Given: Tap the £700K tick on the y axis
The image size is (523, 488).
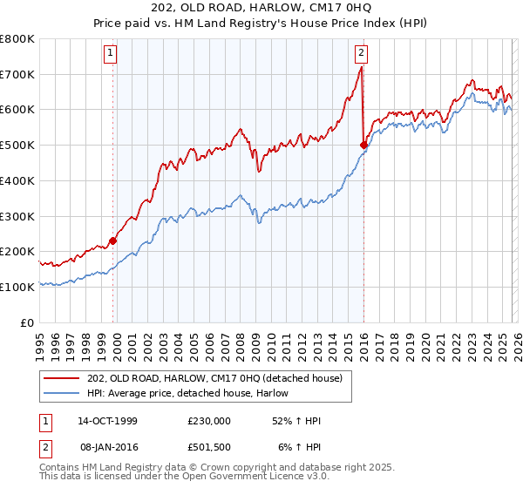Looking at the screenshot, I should pyautogui.click(x=17, y=75).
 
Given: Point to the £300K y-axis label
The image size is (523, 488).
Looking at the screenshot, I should pyautogui.click(x=17, y=216).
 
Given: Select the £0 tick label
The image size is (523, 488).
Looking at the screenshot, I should pyautogui.click(x=28, y=322).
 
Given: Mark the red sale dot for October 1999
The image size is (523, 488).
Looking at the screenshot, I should pyautogui.click(x=112, y=241).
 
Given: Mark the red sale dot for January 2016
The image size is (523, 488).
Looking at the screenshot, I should pyautogui.click(x=363, y=145).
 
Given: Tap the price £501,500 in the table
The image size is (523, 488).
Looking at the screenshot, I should pyautogui.click(x=209, y=446).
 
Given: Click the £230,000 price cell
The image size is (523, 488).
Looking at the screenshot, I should pyautogui.click(x=209, y=421).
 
